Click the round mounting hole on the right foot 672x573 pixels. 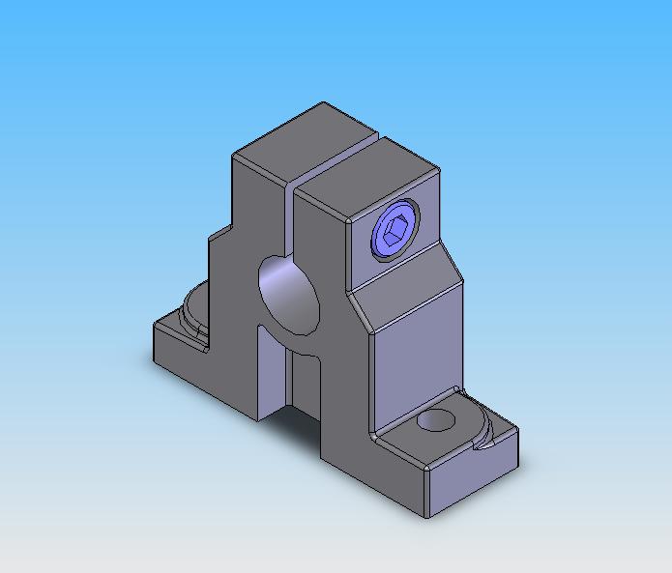[x=437, y=420]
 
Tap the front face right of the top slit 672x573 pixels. [x=319, y=232]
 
